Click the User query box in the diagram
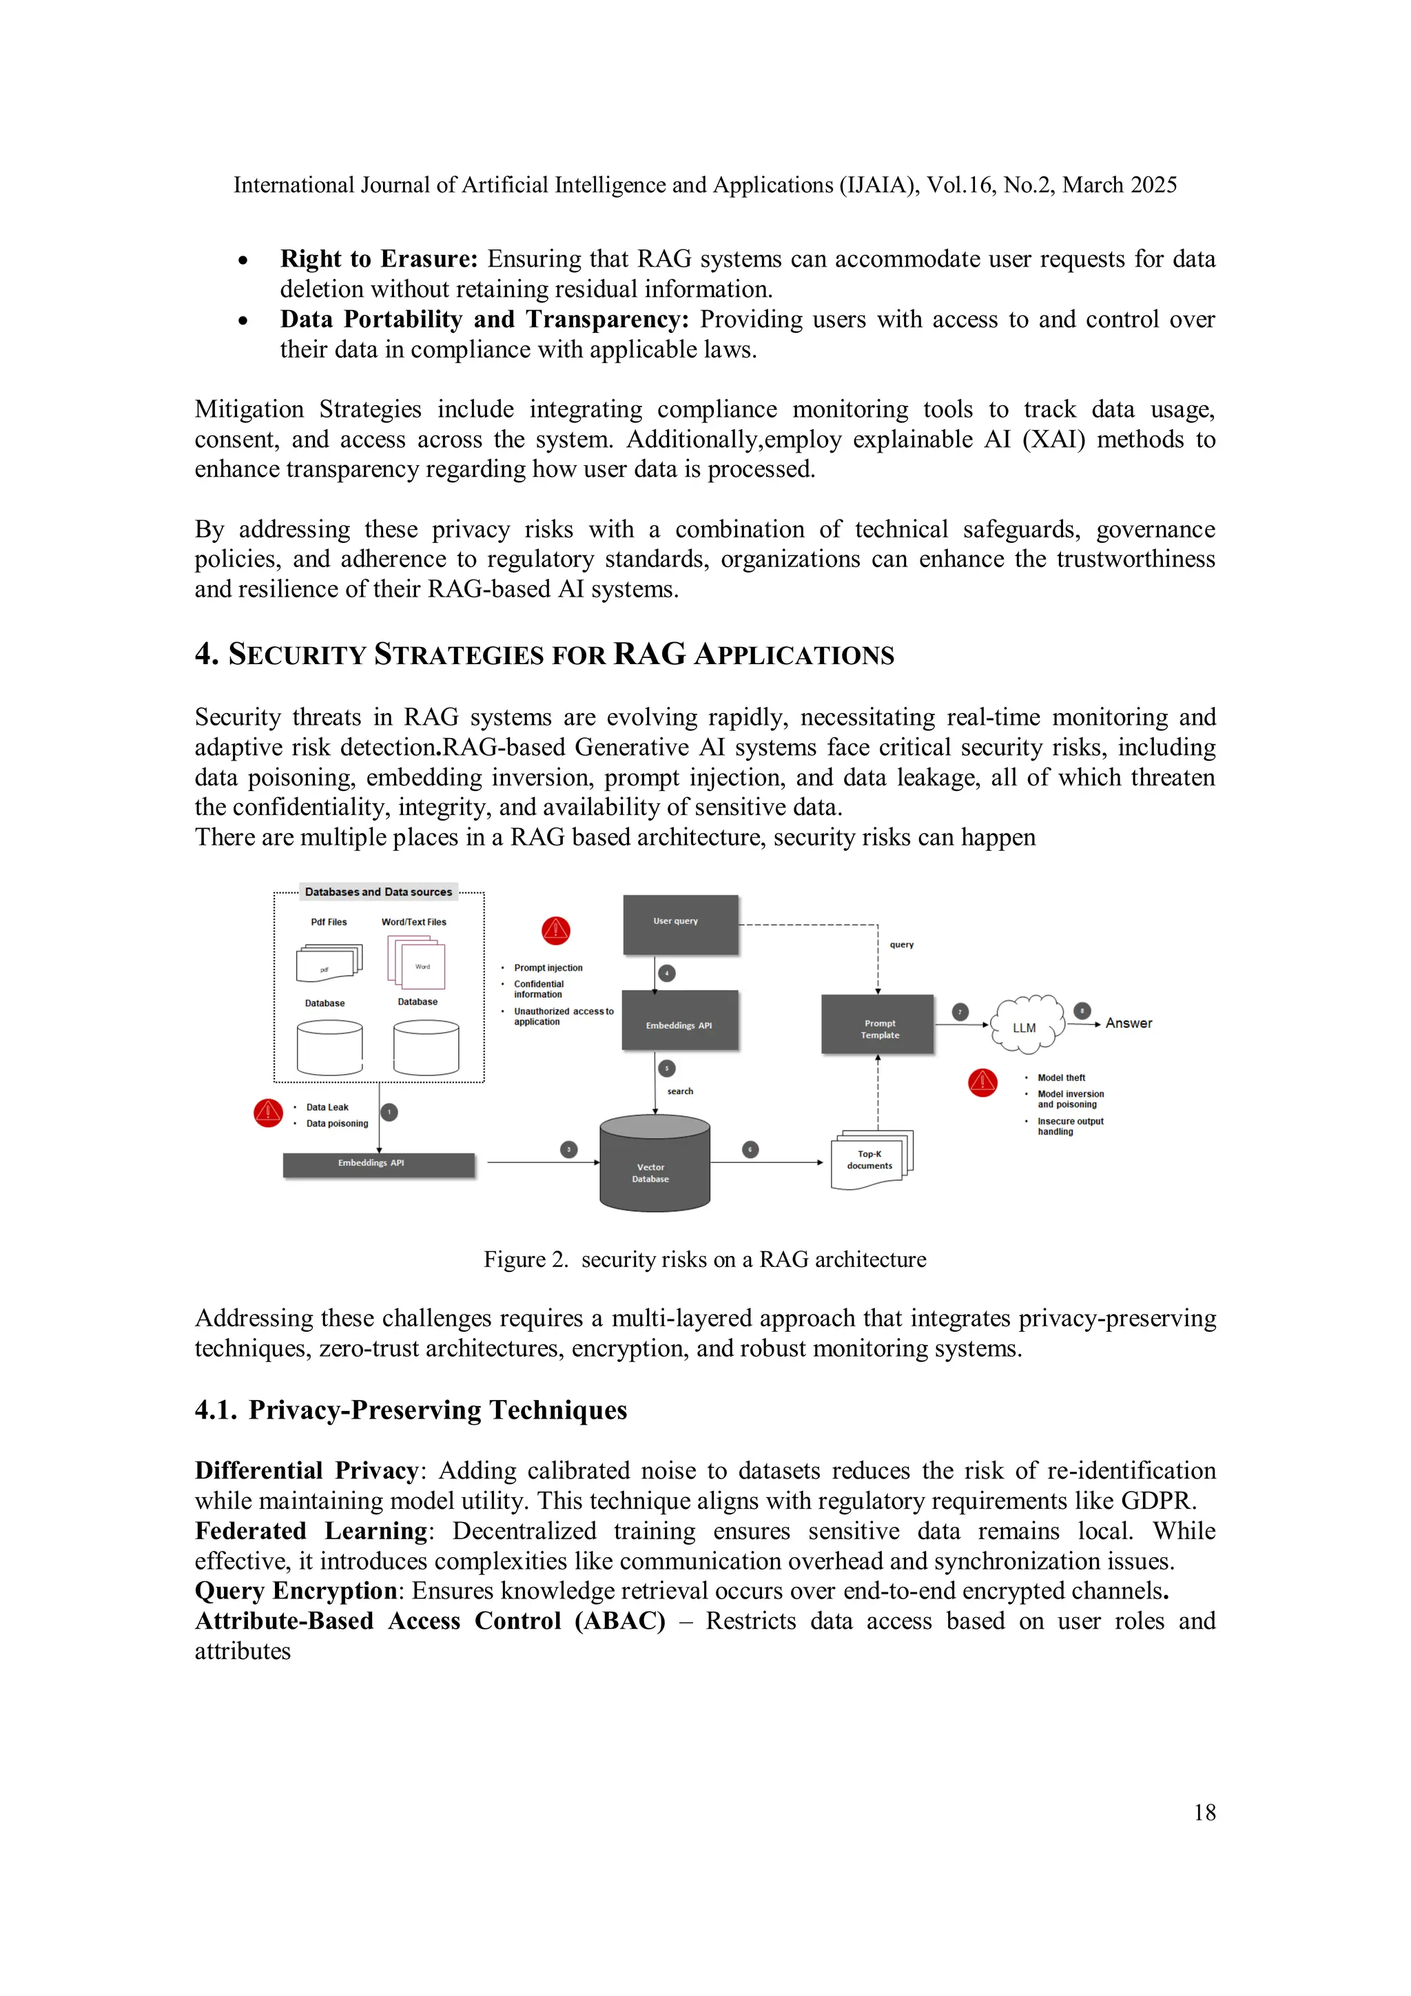(681, 924)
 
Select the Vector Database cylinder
(655, 1165)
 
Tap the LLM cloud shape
(1027, 1025)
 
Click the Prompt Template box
(877, 1025)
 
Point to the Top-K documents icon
(872, 1160)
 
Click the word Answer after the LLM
(1129, 1023)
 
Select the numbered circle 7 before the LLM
(960, 1011)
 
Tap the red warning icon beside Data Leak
(268, 1113)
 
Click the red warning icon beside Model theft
(982, 1082)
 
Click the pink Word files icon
(418, 963)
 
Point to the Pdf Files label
(329, 921)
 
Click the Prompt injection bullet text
(548, 967)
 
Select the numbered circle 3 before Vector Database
(568, 1149)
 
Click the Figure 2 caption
(704, 1259)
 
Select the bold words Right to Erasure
(378, 259)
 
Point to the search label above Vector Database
(680, 1091)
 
